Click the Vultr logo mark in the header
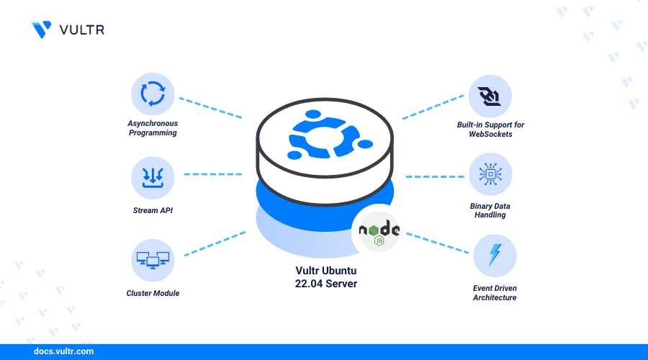(42, 30)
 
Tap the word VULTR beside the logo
(82, 30)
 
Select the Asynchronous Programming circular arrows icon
(153, 94)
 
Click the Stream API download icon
(153, 178)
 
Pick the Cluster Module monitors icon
(153, 261)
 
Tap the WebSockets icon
(490, 96)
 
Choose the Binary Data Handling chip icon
(490, 174)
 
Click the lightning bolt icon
(494, 255)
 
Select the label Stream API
(153, 210)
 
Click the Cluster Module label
(153, 293)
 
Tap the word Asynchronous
(153, 124)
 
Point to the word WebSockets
(490, 134)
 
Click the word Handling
(490, 215)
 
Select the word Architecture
(495, 297)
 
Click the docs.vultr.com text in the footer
(63, 351)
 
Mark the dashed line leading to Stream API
(213, 174)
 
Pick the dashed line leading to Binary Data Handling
(435, 176)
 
